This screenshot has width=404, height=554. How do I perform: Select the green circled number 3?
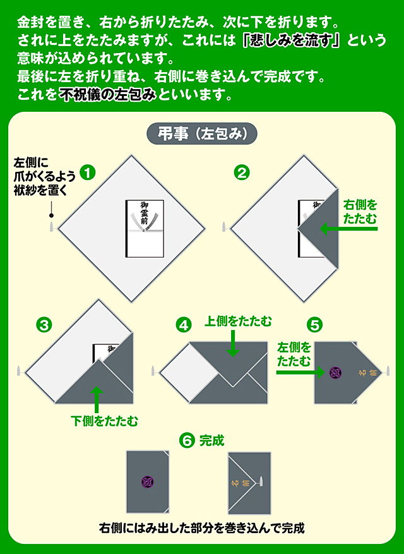44,325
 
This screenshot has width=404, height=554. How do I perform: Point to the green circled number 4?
184,325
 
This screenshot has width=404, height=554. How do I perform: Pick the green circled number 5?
314,325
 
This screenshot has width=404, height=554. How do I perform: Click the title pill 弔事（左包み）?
202,134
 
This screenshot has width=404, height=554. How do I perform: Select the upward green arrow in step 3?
97,399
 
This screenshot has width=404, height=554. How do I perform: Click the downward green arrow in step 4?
234,344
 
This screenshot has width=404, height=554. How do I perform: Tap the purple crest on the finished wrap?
148,481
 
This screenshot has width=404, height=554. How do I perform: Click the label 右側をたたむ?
360,212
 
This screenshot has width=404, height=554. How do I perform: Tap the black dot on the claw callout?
51,215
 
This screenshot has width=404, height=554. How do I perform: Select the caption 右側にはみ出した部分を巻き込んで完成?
202,527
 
